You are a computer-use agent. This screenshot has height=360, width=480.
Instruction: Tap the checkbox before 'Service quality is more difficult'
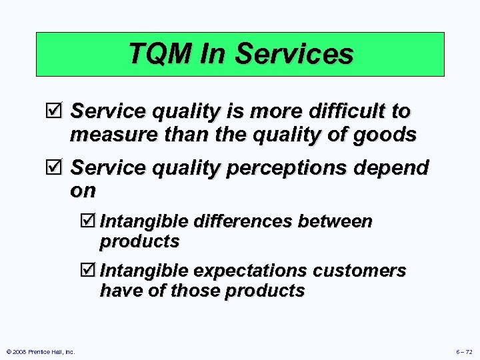point(57,111)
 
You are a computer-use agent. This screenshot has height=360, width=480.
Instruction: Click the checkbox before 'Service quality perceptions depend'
point(57,169)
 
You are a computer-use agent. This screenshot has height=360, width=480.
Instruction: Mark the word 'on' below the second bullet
point(83,191)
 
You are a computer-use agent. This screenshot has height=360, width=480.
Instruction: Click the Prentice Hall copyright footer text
point(40,351)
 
